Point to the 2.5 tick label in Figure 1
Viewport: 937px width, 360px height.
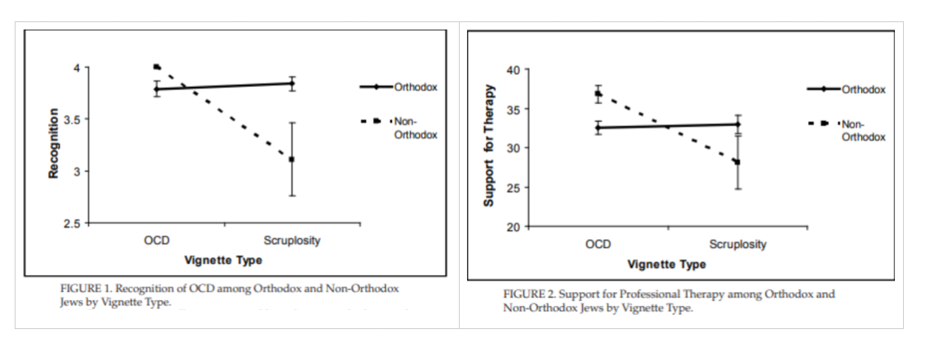(x=75, y=223)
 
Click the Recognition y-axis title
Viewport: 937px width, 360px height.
(x=53, y=143)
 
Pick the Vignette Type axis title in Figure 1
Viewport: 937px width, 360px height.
(x=223, y=260)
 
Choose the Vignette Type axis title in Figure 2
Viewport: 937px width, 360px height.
(x=666, y=264)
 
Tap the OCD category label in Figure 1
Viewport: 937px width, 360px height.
(x=156, y=241)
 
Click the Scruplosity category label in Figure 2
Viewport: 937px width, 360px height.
(x=737, y=244)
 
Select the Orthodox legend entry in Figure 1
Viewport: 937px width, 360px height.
(x=415, y=87)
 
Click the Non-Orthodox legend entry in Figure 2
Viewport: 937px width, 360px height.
(x=863, y=130)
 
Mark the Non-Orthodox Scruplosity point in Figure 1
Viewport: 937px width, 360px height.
(x=291, y=159)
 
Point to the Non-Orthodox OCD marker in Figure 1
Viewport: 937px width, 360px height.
(x=156, y=67)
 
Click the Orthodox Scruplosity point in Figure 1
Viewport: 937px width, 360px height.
(x=291, y=83)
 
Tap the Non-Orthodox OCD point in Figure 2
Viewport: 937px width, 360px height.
(x=598, y=94)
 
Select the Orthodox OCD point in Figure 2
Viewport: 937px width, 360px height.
(x=598, y=128)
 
